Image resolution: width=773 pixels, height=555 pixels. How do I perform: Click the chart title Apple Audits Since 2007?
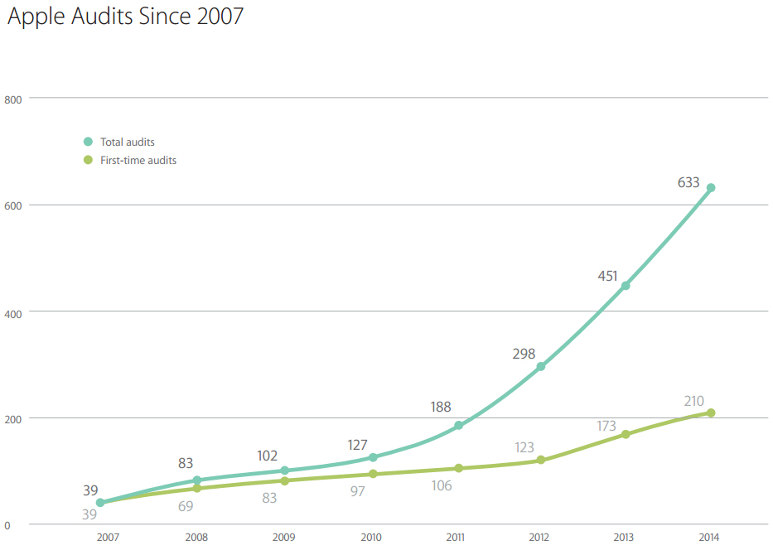[126, 17]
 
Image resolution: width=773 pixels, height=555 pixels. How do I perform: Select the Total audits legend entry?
[127, 142]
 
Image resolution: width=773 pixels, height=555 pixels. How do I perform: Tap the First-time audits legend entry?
[138, 160]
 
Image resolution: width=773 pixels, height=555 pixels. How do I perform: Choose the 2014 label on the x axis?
[710, 537]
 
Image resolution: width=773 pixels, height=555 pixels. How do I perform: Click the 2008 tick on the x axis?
[196, 537]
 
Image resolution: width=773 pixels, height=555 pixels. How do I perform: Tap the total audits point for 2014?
[710, 188]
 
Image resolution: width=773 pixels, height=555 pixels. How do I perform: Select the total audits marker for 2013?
[626, 286]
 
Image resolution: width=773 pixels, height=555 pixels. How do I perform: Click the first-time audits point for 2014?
[710, 413]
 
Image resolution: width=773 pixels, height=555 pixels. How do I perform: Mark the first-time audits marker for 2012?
[541, 460]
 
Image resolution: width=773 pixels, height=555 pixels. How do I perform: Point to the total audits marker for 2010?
[373, 457]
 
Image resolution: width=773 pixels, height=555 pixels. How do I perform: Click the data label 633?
[688, 182]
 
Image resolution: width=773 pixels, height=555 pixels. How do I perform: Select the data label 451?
[607, 276]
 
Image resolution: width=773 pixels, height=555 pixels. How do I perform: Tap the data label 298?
[523, 354]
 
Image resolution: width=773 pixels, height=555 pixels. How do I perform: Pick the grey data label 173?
[606, 426]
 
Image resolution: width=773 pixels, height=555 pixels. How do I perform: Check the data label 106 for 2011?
[442, 485]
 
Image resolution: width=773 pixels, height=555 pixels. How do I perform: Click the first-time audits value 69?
[186, 506]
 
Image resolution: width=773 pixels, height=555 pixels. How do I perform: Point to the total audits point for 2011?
[458, 426]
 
